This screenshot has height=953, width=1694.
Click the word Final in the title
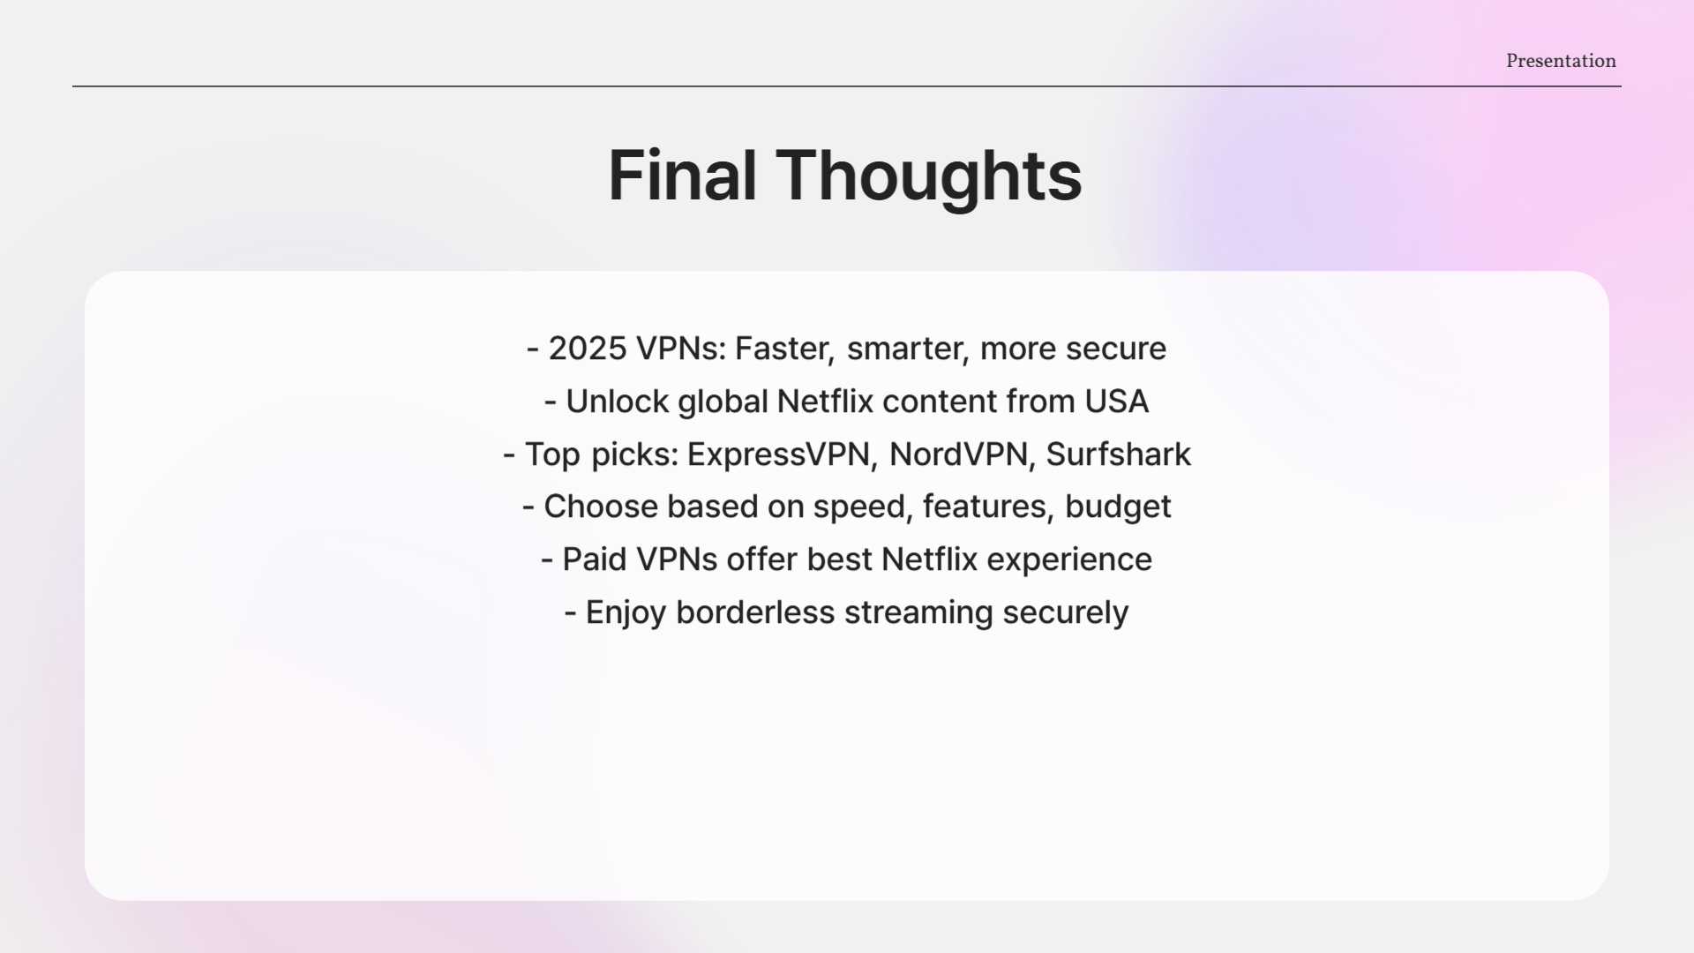(682, 176)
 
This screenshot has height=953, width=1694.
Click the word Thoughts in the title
(928, 176)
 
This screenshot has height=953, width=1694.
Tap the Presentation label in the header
(1561, 61)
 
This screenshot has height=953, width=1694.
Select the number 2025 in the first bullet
(587, 349)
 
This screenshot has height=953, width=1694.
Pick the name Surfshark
(1118, 454)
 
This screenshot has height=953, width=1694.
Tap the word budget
(1118, 507)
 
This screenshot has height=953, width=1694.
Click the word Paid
(594, 559)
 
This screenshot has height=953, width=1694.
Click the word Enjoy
(626, 612)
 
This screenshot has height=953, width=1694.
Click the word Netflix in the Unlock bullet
(824, 401)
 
